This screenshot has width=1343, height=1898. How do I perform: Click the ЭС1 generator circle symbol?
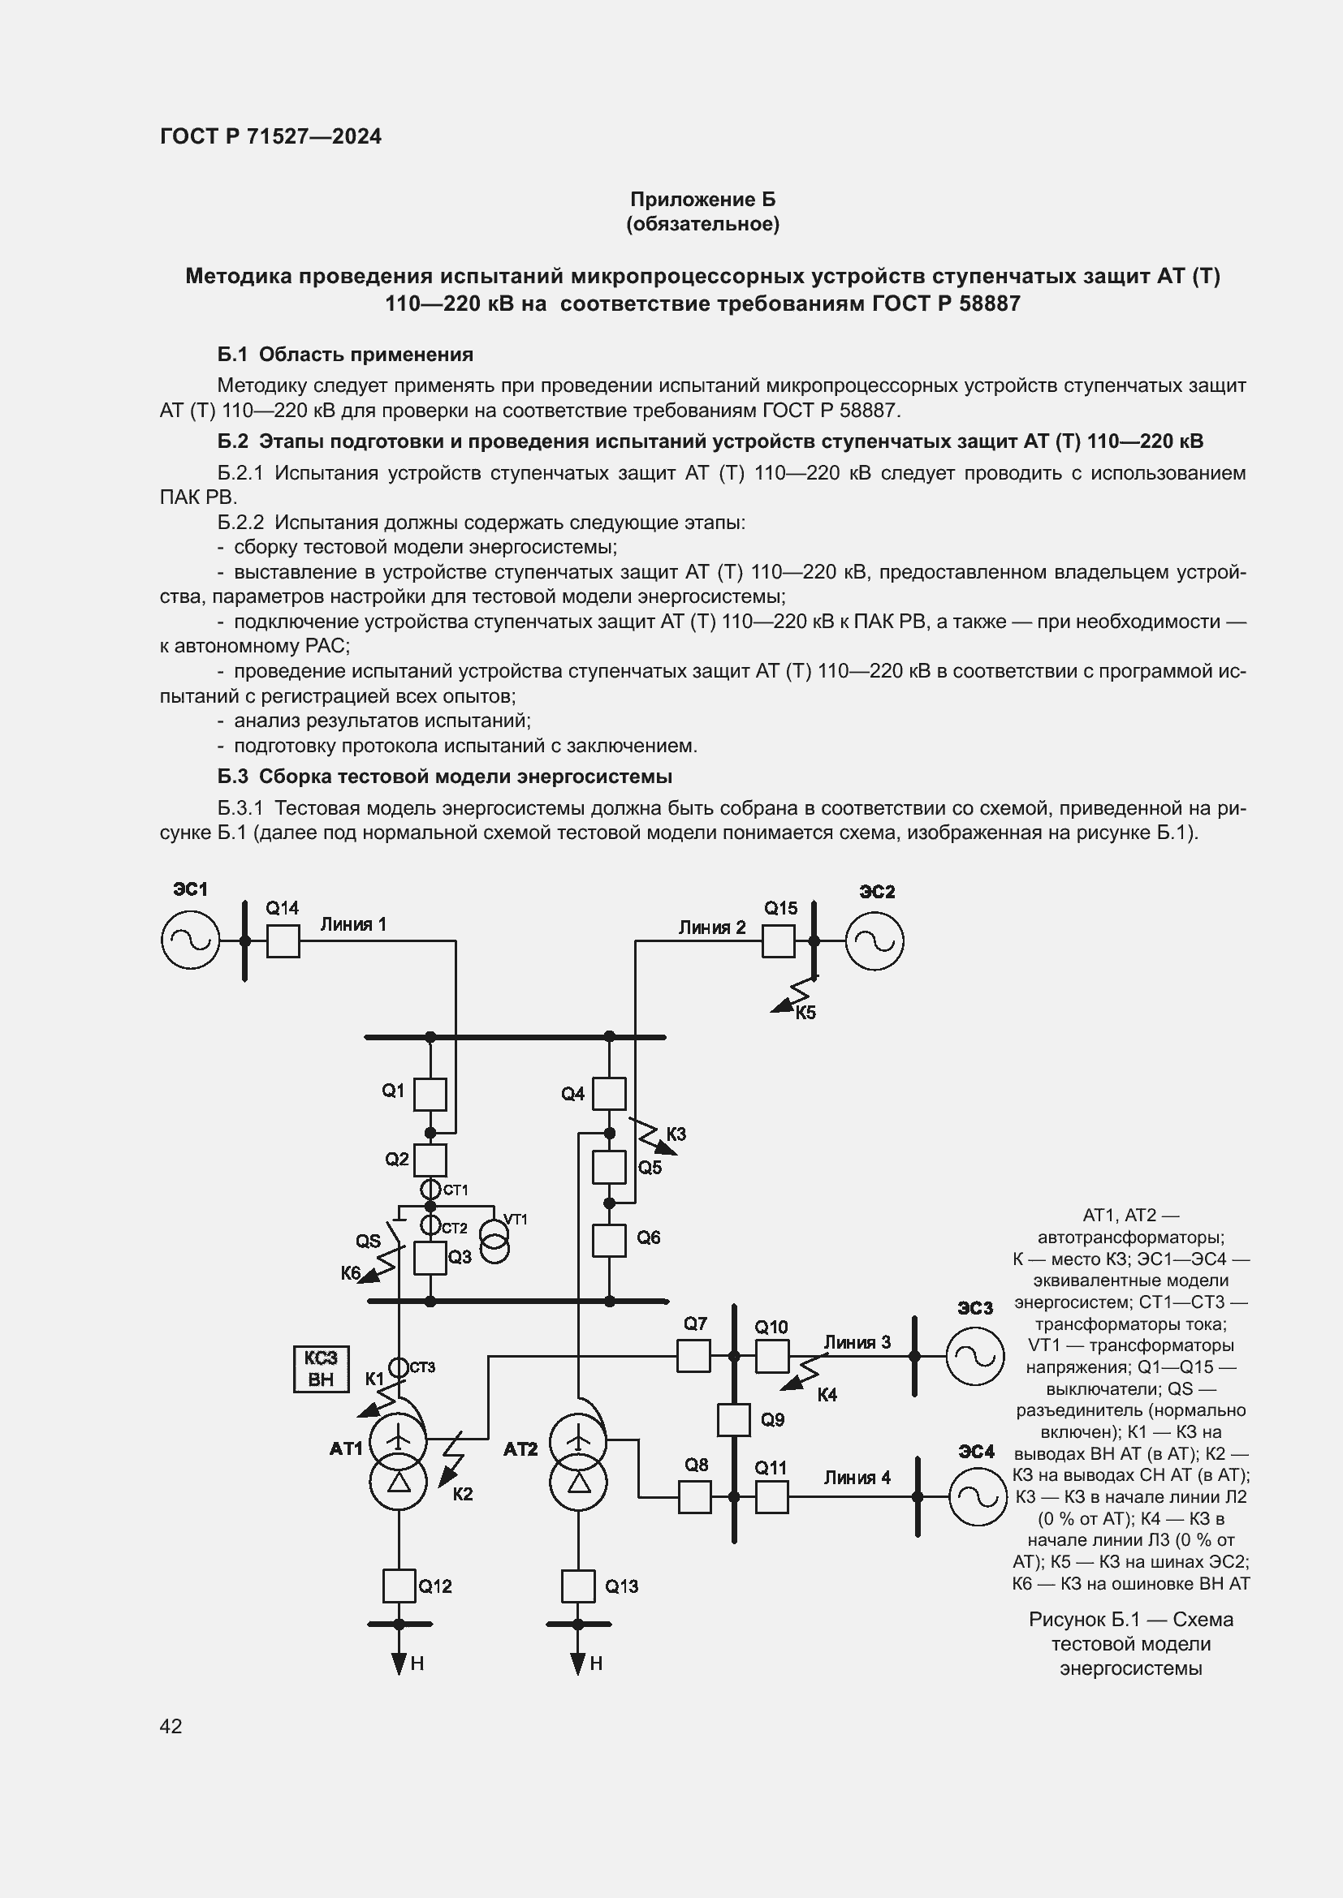click(x=190, y=940)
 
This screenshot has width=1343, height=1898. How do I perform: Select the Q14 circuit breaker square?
click(x=283, y=940)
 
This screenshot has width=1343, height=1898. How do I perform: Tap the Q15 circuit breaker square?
click(x=777, y=940)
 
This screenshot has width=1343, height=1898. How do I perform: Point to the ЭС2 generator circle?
click(x=874, y=940)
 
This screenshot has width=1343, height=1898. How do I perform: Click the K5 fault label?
click(x=805, y=1014)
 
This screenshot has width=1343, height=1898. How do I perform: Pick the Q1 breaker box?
click(x=430, y=1095)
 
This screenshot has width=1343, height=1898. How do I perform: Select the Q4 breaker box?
click(x=610, y=1094)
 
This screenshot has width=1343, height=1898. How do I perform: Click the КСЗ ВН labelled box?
click(x=321, y=1369)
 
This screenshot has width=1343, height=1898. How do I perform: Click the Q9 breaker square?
click(x=732, y=1419)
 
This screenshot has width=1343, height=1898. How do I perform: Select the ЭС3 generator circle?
click(x=975, y=1356)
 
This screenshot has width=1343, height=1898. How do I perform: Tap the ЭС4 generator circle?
click(x=978, y=1496)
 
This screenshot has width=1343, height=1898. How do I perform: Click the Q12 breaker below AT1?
click(x=399, y=1586)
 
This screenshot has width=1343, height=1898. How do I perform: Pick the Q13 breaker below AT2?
click(x=578, y=1586)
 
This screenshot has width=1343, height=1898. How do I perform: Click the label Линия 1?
click(x=353, y=924)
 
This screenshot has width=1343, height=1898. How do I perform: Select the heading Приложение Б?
click(x=703, y=200)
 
